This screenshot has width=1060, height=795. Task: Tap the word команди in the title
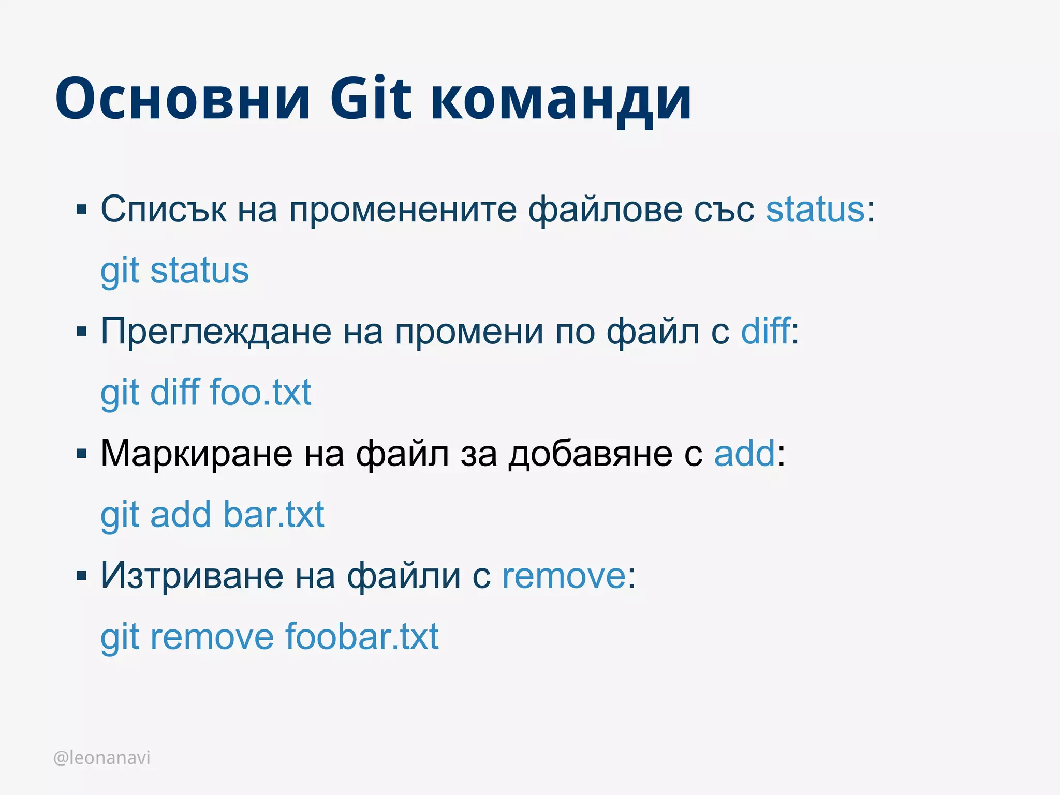point(561,101)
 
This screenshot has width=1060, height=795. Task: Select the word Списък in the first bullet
point(163,210)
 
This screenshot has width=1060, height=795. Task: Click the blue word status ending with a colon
point(815,210)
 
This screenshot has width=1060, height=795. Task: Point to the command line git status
point(174,271)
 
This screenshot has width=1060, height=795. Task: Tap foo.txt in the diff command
point(260,392)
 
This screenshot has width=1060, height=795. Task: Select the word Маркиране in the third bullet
point(196,454)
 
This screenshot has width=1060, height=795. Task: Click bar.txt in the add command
point(274,515)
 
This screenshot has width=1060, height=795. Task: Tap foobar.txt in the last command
point(362,637)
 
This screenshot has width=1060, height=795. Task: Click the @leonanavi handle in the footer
point(102,758)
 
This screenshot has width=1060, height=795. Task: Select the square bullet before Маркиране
point(81,454)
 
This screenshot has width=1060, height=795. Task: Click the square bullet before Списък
point(81,210)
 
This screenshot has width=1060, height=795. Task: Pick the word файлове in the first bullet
point(605,210)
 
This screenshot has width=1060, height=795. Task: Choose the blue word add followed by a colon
point(744,454)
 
